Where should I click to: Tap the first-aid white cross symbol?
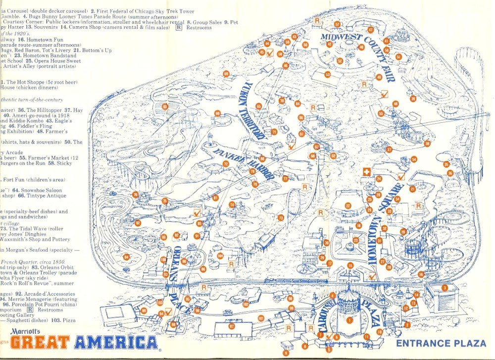pos(367,171)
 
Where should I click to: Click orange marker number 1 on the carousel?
pos(350,320)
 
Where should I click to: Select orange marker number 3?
pos(445,288)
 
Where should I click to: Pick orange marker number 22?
pos(348,206)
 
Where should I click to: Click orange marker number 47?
pos(370,30)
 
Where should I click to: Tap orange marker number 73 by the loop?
pos(281,217)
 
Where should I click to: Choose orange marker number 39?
pos(413,99)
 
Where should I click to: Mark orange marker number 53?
pos(327,74)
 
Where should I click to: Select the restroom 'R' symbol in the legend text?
pos(179,28)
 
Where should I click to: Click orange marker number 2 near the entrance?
pos(407,325)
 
